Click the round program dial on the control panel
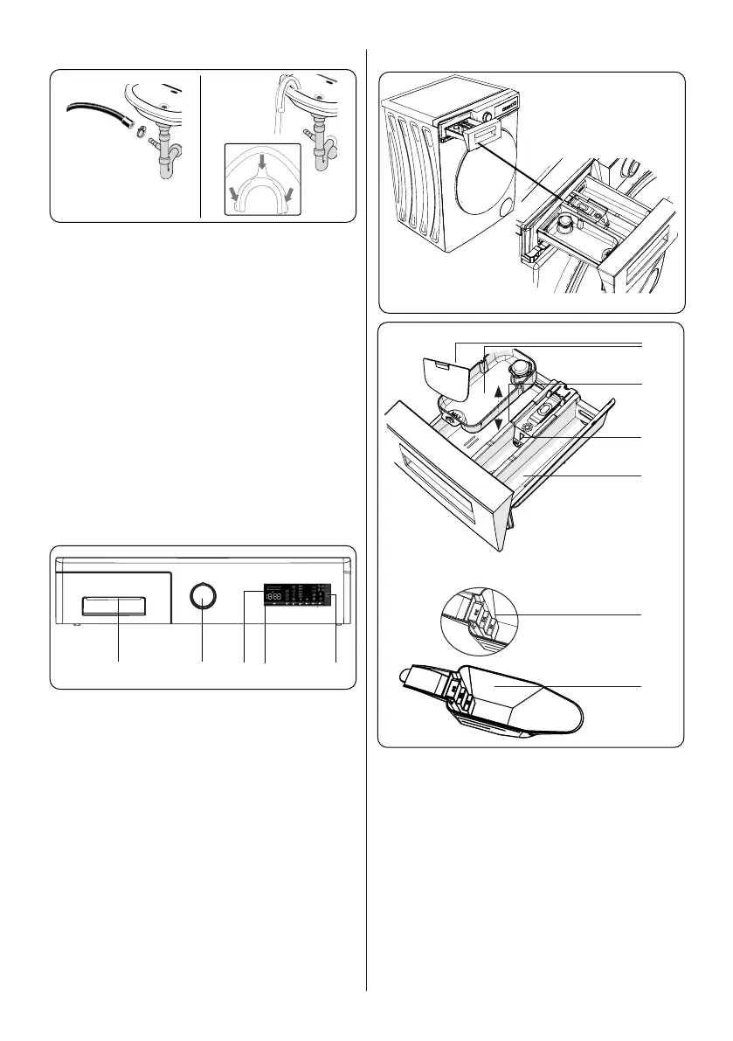tap(203, 597)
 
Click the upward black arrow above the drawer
tap(497, 392)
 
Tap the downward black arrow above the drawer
tap(497, 423)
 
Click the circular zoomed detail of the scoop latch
tap(480, 616)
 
